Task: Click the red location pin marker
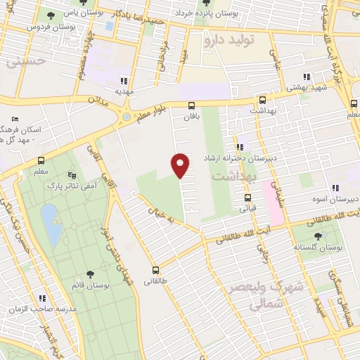point(181,165)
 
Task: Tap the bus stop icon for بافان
point(191,106)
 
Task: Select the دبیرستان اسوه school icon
point(335,188)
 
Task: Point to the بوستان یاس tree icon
point(51,14)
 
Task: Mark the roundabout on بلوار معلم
point(127,117)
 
